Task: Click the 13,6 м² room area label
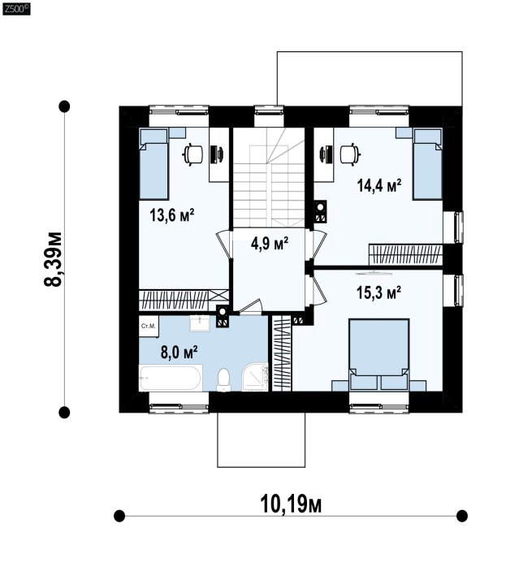pos(172,215)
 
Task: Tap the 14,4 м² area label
pos(379,185)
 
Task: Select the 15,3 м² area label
pos(378,292)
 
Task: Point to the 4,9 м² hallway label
pos(270,245)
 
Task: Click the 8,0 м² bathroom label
pos(179,352)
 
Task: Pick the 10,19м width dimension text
pos(291,504)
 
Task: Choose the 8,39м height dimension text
pos(53,259)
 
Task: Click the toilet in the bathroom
pos(224,379)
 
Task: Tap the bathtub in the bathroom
pos(171,378)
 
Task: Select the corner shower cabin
pos(255,378)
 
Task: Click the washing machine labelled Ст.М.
pos(149,327)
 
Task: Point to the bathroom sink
pos(200,323)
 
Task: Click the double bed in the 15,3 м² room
pos(379,354)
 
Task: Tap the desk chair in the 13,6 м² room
pos(193,154)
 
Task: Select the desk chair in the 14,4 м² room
pos(350,154)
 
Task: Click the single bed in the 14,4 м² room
pos(428,164)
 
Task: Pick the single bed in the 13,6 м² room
pos(154,164)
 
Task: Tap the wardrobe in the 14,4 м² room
pos(405,254)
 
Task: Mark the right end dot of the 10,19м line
pos(461,516)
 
